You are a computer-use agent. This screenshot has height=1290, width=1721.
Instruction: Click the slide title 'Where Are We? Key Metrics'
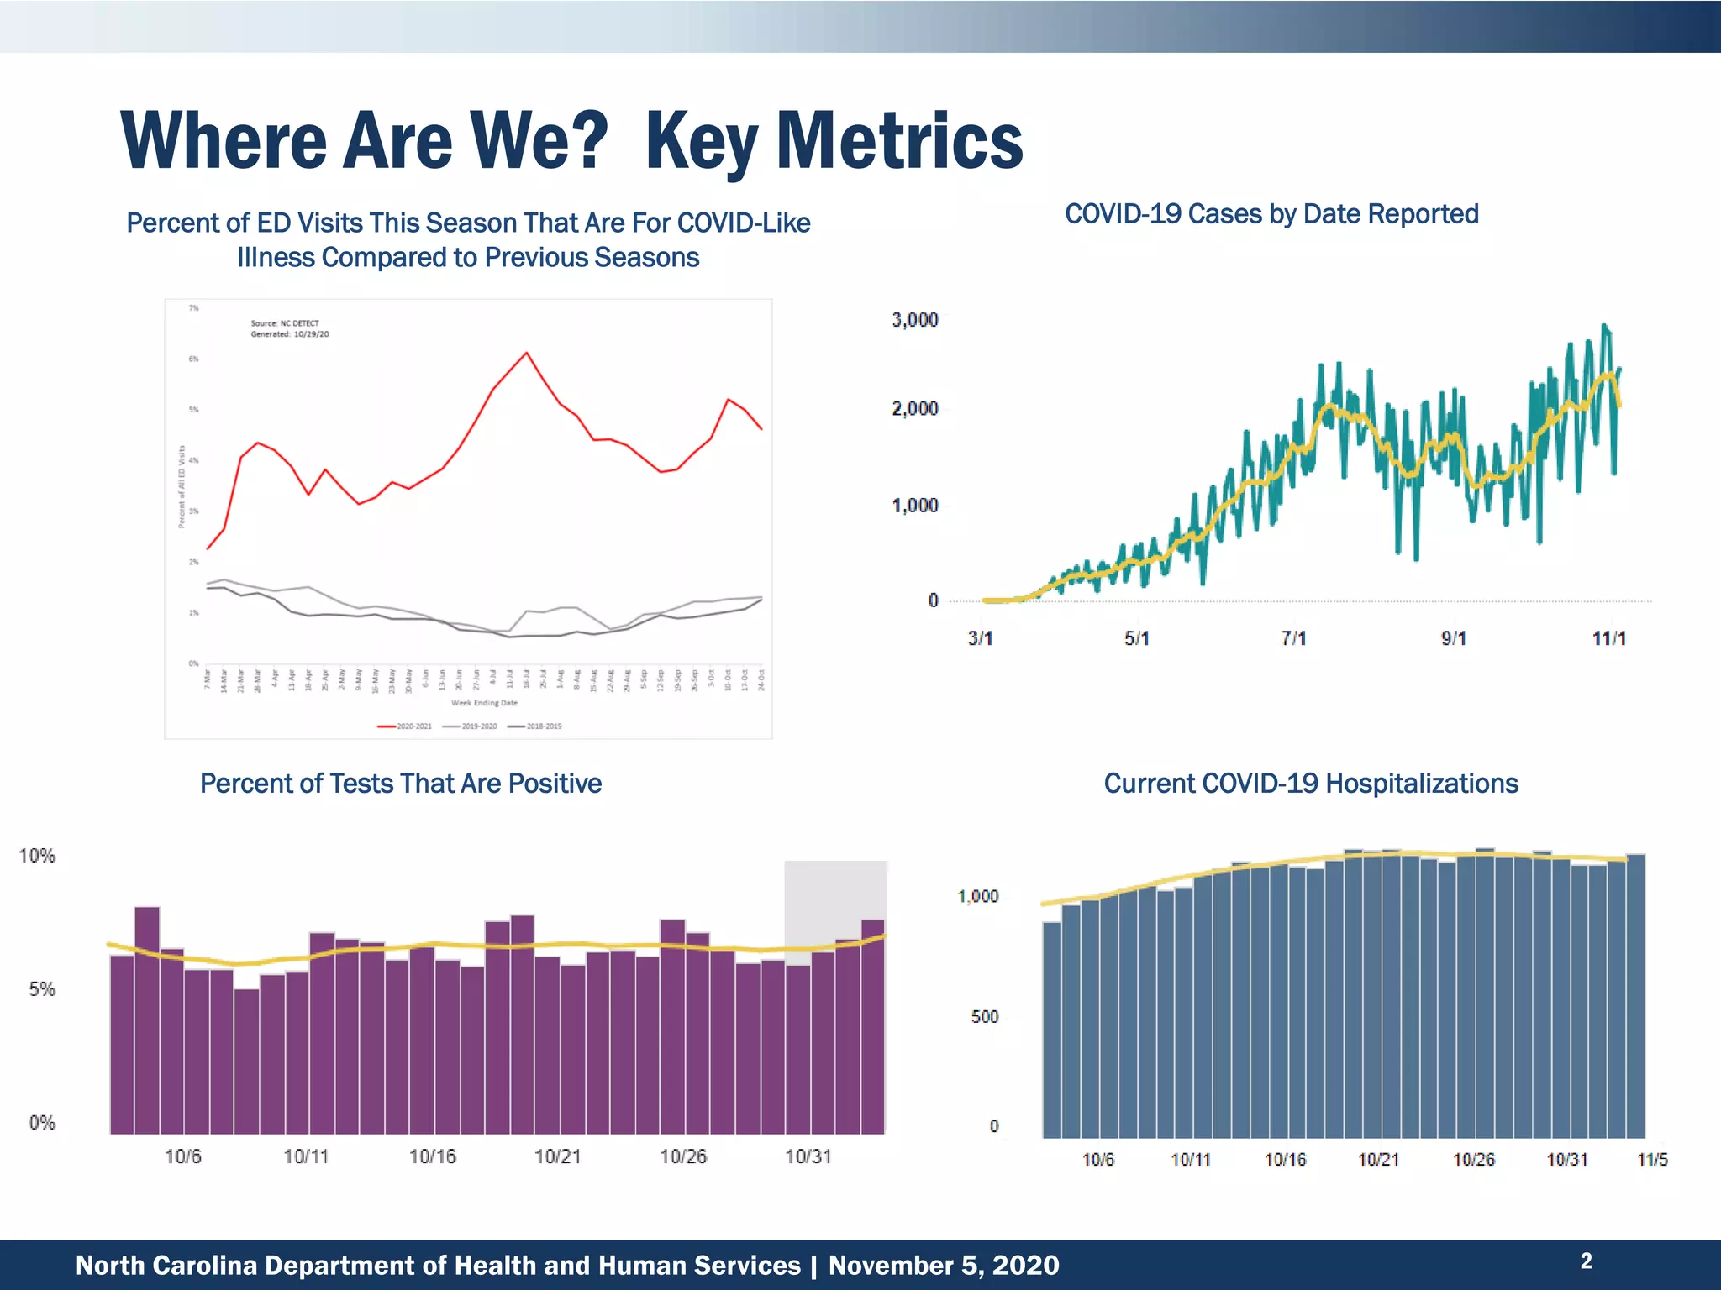point(571,141)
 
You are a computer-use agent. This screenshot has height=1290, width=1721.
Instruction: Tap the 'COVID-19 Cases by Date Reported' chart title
point(1271,214)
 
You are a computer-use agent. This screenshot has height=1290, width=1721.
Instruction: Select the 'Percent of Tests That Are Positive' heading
point(400,783)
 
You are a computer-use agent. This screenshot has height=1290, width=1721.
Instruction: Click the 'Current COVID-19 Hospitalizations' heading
point(1310,783)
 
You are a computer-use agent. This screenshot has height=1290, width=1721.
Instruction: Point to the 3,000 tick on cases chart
point(914,320)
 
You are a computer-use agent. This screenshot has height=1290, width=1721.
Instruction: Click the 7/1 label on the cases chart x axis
point(1293,638)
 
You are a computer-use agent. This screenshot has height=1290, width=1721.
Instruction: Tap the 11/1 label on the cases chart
point(1608,638)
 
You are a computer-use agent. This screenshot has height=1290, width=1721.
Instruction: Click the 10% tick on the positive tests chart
point(37,856)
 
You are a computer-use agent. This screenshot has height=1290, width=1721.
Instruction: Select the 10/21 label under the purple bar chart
point(557,1156)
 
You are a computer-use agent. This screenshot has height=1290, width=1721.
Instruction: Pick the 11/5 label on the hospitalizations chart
point(1652,1160)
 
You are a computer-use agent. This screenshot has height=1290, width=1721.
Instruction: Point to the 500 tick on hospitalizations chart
point(984,1017)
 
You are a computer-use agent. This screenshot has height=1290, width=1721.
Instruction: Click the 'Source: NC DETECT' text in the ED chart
point(285,323)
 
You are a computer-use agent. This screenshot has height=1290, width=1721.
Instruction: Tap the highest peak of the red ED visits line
point(526,353)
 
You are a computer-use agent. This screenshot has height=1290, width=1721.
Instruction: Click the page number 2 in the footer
point(1586,1261)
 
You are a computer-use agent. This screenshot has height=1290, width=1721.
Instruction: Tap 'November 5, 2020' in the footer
point(943,1265)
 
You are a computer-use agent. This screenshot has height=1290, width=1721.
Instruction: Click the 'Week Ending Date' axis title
point(484,703)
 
